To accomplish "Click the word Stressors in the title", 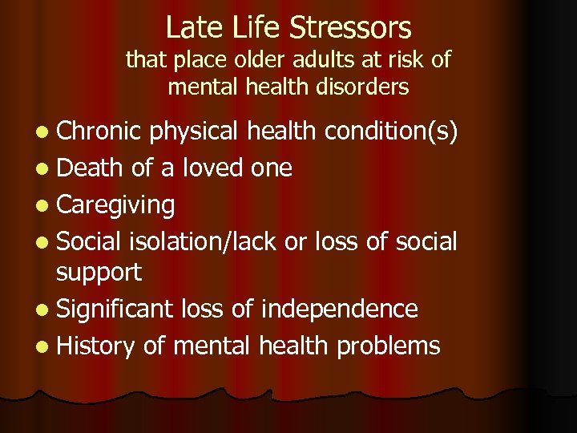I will coord(350,28).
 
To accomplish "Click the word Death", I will coord(90,168).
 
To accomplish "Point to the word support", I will coord(99,273).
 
